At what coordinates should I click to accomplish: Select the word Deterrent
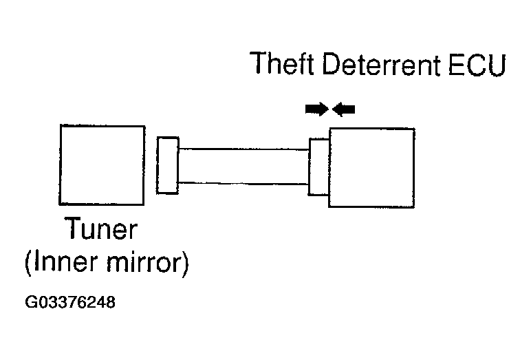382,64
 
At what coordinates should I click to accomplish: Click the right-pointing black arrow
317,109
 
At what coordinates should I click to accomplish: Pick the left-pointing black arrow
343,109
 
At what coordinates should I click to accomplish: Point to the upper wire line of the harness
243,149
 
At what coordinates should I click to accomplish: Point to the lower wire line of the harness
243,183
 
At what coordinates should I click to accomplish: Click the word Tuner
101,228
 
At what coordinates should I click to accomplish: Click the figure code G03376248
70,302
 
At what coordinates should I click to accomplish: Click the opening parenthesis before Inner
28,264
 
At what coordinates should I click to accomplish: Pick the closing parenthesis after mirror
185,264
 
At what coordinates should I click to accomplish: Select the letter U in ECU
497,65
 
